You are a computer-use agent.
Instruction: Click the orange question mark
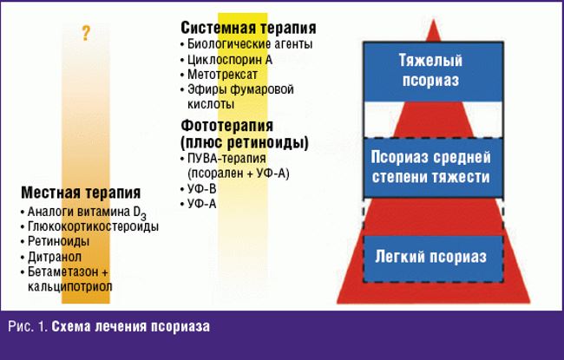pyautogui.click(x=86, y=34)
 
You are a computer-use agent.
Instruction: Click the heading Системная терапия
pyautogui.click(x=248, y=28)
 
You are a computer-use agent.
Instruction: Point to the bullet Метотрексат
pyautogui.click(x=224, y=75)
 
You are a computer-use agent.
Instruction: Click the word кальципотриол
pyautogui.click(x=69, y=286)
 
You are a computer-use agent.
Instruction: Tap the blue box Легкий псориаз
pyautogui.click(x=430, y=258)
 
